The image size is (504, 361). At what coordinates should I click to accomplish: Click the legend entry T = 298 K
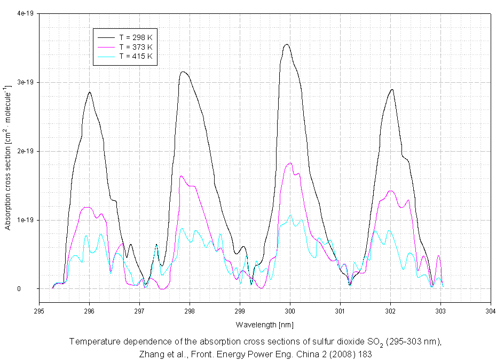click(x=136, y=37)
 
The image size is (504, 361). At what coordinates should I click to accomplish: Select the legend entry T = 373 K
click(x=136, y=47)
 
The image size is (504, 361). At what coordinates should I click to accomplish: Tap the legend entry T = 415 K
click(x=136, y=56)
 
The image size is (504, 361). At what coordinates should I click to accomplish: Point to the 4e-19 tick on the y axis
click(x=25, y=14)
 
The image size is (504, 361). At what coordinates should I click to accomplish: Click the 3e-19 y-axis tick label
click(x=25, y=82)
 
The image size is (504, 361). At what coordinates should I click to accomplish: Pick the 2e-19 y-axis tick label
click(x=25, y=151)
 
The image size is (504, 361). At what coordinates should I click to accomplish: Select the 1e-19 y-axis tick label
click(x=25, y=220)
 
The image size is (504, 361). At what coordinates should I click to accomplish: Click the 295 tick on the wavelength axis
click(x=39, y=310)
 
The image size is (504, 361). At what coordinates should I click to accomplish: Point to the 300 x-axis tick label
click(x=290, y=310)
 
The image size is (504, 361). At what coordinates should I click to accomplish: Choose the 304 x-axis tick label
click(x=491, y=310)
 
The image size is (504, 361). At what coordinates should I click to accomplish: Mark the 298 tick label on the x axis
click(x=190, y=310)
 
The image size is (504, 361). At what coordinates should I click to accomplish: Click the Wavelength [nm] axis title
click(x=265, y=324)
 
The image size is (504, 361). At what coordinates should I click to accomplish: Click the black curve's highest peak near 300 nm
click(x=287, y=45)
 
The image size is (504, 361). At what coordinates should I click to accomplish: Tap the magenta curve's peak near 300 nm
click(x=290, y=163)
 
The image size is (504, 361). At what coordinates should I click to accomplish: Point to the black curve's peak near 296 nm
click(x=89, y=92)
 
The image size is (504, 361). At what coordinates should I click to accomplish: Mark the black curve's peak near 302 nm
click(x=392, y=90)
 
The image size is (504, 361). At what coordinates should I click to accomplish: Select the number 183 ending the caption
click(x=364, y=354)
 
